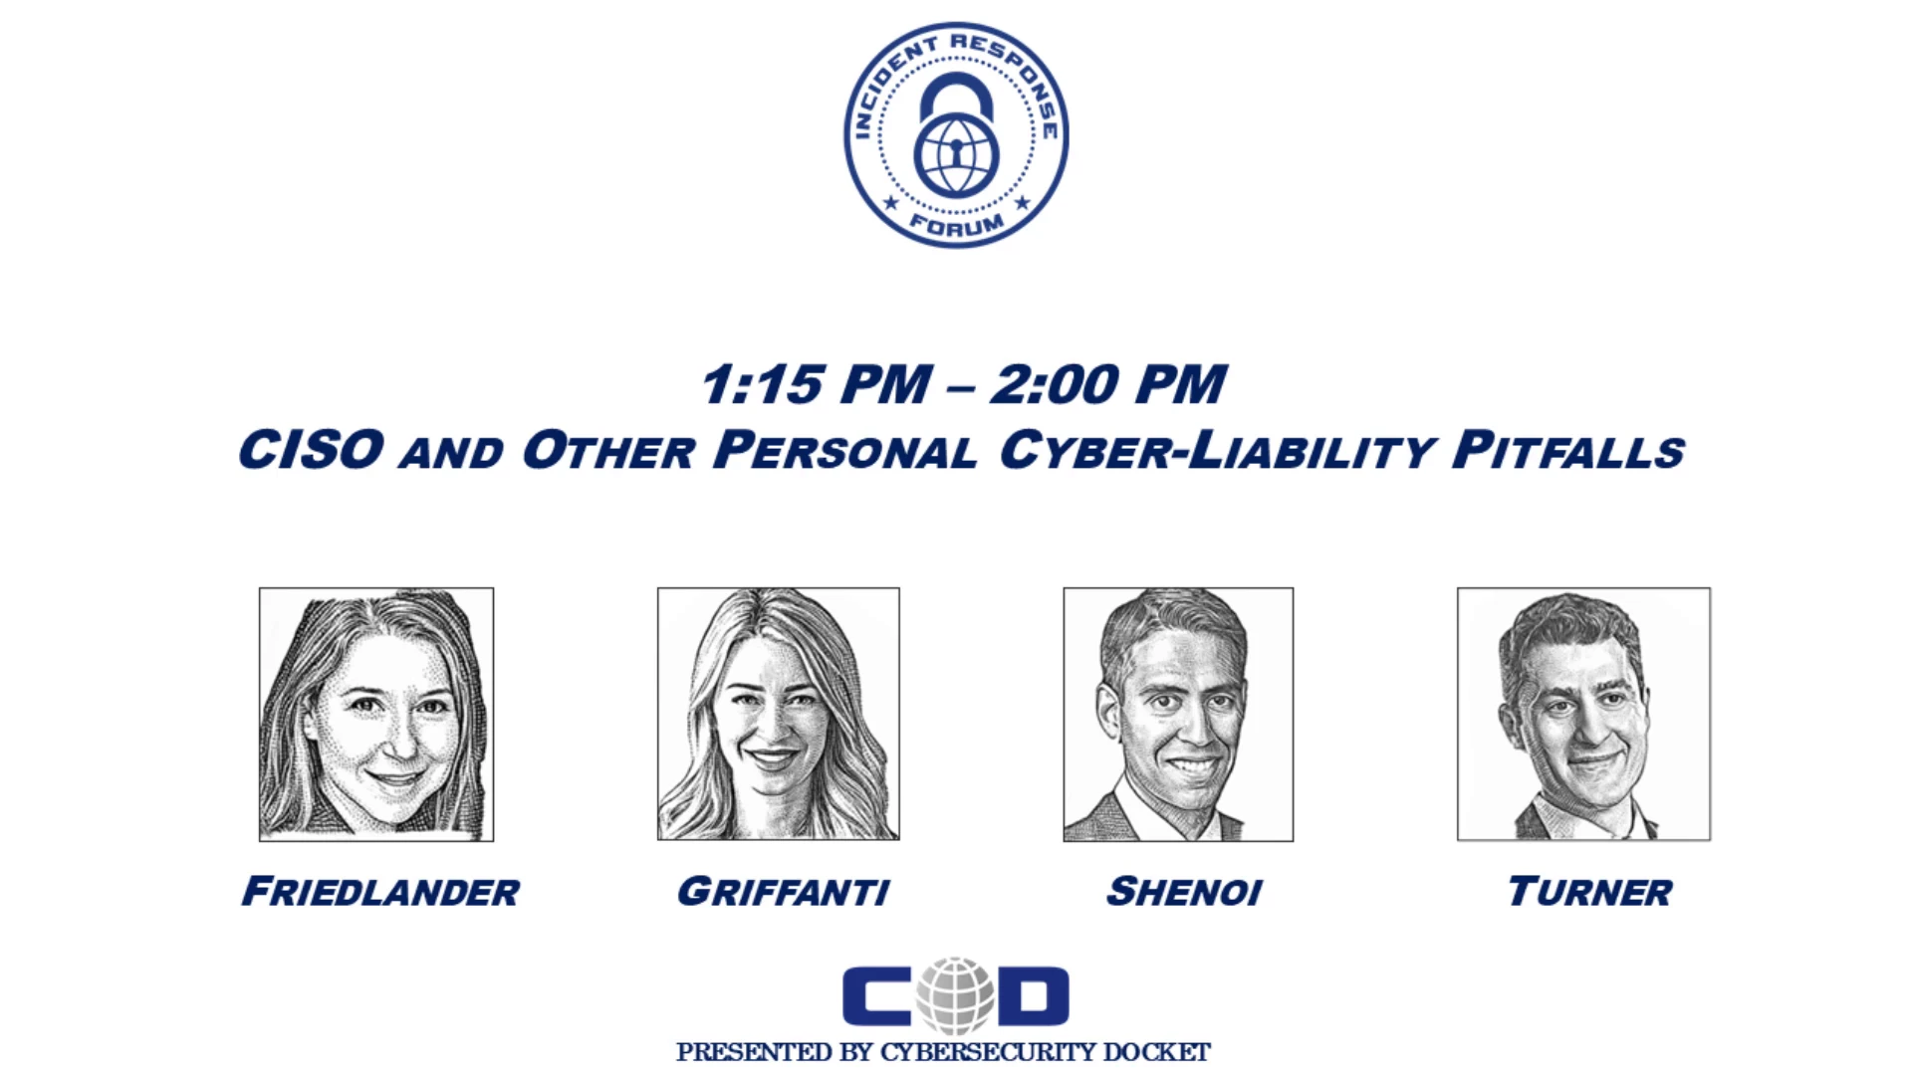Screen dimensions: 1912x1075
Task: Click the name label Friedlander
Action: [x=380, y=892]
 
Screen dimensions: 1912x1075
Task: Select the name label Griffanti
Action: [x=783, y=892]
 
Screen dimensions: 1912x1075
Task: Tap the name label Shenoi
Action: [x=1184, y=892]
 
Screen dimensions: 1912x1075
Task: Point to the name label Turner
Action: [x=1589, y=892]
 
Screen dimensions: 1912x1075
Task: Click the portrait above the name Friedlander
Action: [x=376, y=715]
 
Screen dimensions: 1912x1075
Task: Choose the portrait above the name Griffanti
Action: [x=779, y=714]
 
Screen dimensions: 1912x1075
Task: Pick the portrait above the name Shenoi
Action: [x=1178, y=715]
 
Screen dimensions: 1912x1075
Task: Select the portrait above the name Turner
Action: [x=1583, y=714]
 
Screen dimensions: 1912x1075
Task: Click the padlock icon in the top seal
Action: [x=956, y=135]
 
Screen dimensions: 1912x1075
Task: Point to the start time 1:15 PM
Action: [x=817, y=385]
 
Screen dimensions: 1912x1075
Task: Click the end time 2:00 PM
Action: [x=1108, y=385]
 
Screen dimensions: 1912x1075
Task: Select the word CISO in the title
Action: [x=311, y=450]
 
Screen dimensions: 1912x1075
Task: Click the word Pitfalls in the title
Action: [x=1568, y=450]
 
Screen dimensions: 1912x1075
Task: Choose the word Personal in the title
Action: [x=845, y=450]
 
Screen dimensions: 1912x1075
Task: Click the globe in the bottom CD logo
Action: [x=956, y=995]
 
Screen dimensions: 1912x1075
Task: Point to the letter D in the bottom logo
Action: [x=1033, y=996]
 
